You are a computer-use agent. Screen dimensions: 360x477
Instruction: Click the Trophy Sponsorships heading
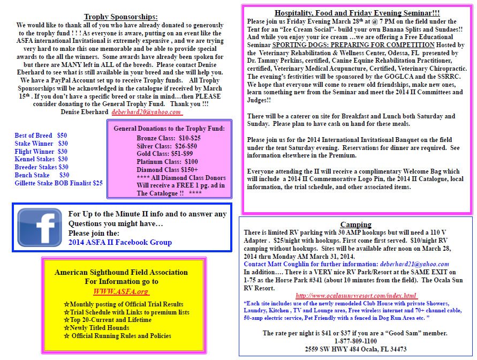point(120,17)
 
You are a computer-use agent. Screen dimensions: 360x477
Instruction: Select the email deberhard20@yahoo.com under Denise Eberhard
point(147,112)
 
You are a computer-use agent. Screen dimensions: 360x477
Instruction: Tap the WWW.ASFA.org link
point(121,291)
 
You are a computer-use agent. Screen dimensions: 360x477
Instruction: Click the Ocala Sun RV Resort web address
point(356,296)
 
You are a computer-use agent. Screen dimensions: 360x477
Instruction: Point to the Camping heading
point(355,224)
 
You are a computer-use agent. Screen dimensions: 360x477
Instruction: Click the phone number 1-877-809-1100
point(355,341)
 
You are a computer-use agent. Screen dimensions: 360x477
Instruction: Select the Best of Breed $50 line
point(41,136)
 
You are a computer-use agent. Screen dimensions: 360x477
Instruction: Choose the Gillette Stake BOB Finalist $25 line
point(58,183)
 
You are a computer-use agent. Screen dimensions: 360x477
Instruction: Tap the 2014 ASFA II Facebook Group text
point(120,243)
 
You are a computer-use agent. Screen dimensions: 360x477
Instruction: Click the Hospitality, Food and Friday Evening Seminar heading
point(357,13)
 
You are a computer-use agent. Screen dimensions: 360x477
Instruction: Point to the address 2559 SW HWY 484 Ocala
point(355,349)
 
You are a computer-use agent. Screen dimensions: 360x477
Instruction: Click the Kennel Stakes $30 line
point(41,159)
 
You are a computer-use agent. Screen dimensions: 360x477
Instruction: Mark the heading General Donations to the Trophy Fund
point(169,128)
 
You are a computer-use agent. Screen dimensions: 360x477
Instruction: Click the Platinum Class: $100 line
point(166,161)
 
